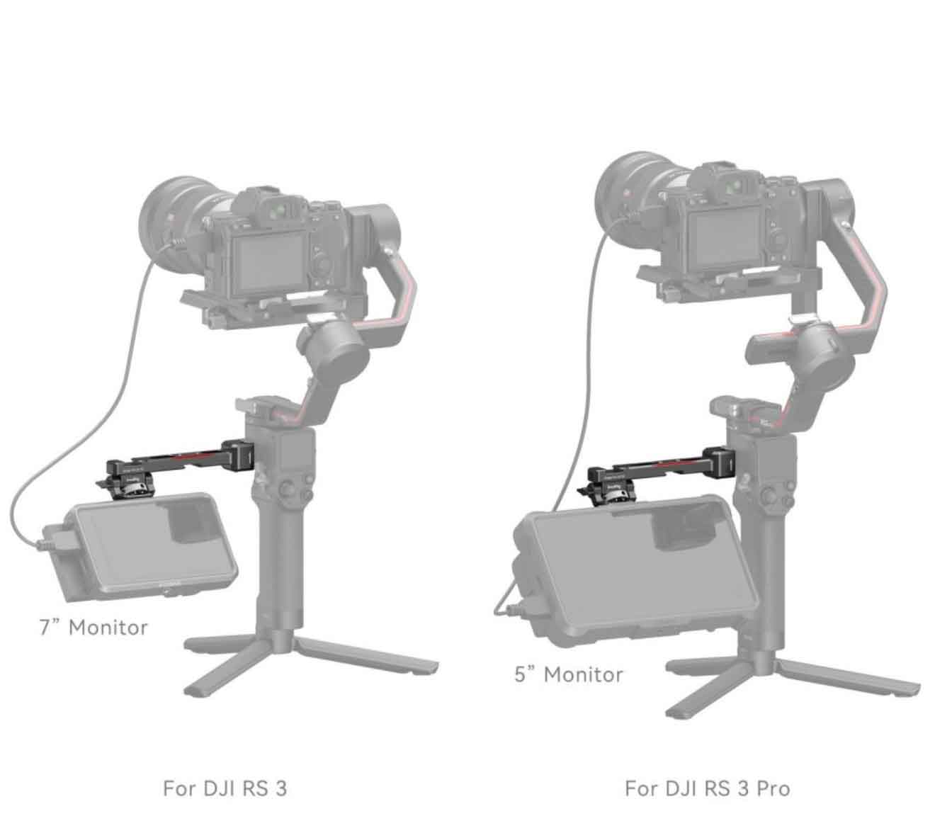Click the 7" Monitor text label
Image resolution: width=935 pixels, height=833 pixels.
click(x=93, y=628)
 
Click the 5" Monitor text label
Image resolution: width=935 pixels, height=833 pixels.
click(x=569, y=675)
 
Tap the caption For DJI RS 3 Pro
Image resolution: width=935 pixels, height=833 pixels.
click(x=708, y=788)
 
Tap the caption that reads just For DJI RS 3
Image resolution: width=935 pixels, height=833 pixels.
click(x=225, y=788)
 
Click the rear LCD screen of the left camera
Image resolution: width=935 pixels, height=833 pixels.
click(x=269, y=263)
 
